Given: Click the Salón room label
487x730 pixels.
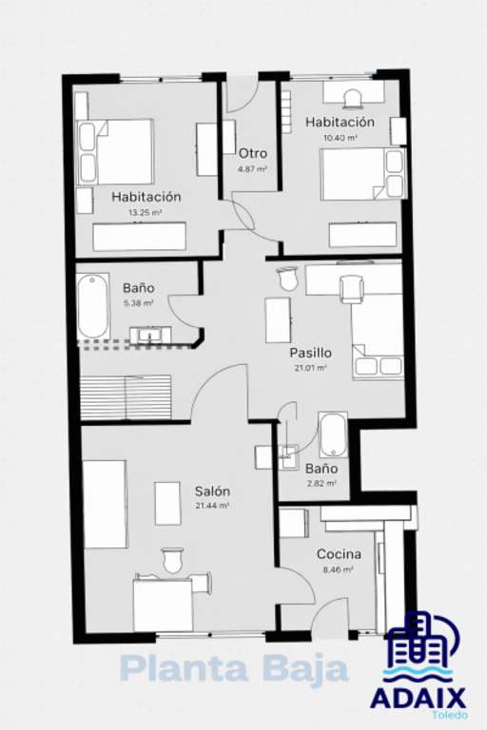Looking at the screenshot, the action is pyautogui.click(x=212, y=491).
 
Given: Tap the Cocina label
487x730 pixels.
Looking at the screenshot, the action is pyautogui.click(x=339, y=554).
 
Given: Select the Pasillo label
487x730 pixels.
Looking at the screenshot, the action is pyautogui.click(x=311, y=353).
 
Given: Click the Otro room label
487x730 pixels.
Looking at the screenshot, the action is pyautogui.click(x=253, y=154).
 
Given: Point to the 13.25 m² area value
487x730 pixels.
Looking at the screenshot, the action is pyautogui.click(x=146, y=213).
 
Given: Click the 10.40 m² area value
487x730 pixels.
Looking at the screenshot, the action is pyautogui.click(x=341, y=138).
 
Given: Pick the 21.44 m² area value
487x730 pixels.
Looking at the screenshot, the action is pyautogui.click(x=211, y=506).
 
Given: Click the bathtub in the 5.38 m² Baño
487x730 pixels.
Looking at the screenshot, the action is pyautogui.click(x=93, y=306).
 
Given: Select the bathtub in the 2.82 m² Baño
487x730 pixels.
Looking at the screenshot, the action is pyautogui.click(x=333, y=434).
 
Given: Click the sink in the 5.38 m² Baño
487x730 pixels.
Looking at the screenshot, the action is pyautogui.click(x=150, y=336).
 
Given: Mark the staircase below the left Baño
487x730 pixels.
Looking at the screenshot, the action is pyautogui.click(x=126, y=397).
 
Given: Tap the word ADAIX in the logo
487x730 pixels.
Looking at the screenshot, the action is pyautogui.click(x=419, y=699).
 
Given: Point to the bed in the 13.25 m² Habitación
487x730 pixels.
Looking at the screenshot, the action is pyautogui.click(x=115, y=152).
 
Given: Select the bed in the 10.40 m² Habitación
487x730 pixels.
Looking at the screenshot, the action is pyautogui.click(x=363, y=174).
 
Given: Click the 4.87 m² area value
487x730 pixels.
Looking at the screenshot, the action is pyautogui.click(x=252, y=169).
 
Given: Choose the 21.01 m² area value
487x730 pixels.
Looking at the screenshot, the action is pyautogui.click(x=310, y=368).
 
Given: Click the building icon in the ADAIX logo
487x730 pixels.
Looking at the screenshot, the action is pyautogui.click(x=421, y=644).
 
